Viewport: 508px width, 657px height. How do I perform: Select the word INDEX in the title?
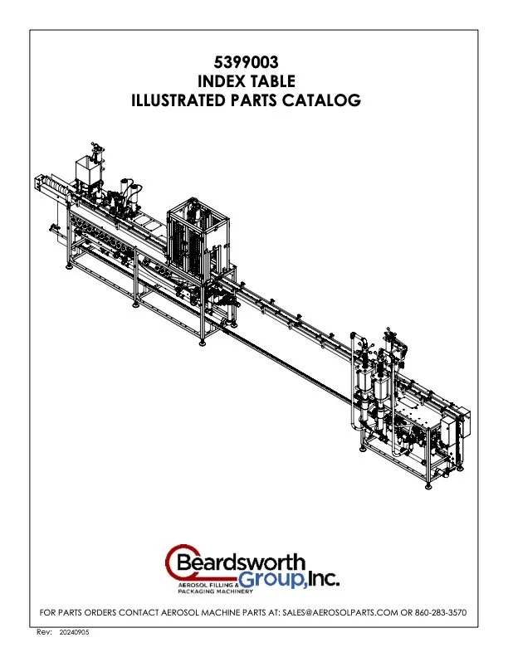[x=222, y=80]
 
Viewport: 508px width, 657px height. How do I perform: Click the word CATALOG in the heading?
[x=326, y=101]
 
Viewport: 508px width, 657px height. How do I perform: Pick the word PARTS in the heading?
[x=257, y=101]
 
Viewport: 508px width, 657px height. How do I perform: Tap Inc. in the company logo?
[x=320, y=578]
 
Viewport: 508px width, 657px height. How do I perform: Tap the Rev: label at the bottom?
[x=46, y=632]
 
